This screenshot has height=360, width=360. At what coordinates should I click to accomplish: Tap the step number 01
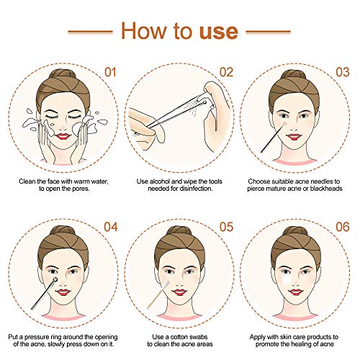(110, 72)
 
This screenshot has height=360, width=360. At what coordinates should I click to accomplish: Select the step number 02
(227, 72)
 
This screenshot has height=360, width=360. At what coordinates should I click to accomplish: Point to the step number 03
(345, 72)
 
